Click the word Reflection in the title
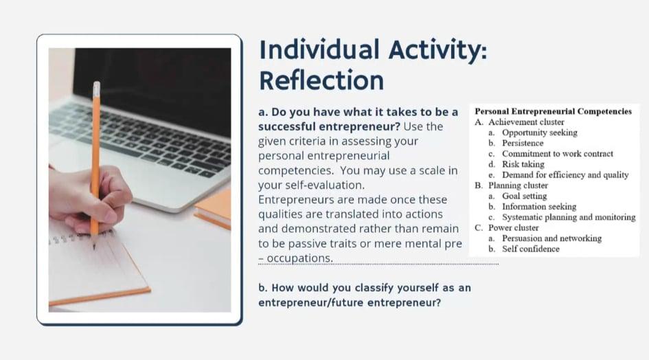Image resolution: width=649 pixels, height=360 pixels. click(x=321, y=80)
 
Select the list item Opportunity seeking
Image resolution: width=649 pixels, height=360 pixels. click(x=540, y=133)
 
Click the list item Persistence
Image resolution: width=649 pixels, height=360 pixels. click(x=523, y=143)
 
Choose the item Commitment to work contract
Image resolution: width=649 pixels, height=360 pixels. click(x=558, y=154)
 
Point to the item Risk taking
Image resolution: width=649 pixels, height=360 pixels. click(x=523, y=164)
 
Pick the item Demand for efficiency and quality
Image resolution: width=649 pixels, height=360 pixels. click(x=565, y=175)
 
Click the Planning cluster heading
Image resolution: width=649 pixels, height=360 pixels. click(x=519, y=185)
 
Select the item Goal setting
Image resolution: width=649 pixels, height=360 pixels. click(x=525, y=196)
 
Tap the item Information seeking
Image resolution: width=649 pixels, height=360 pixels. click(x=539, y=206)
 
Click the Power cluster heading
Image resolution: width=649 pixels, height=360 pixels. click(x=514, y=228)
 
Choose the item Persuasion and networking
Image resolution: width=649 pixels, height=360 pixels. click(x=551, y=238)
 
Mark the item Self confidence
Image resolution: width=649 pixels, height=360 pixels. click(x=531, y=249)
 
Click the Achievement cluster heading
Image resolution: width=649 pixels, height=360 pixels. click(x=526, y=122)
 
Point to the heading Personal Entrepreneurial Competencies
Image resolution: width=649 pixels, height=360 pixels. click(x=553, y=111)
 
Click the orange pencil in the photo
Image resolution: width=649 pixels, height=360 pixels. click(x=95, y=157)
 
